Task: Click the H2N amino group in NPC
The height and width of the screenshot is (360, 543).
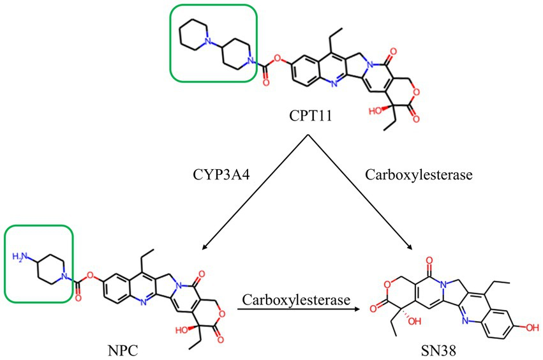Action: tap(20, 257)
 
